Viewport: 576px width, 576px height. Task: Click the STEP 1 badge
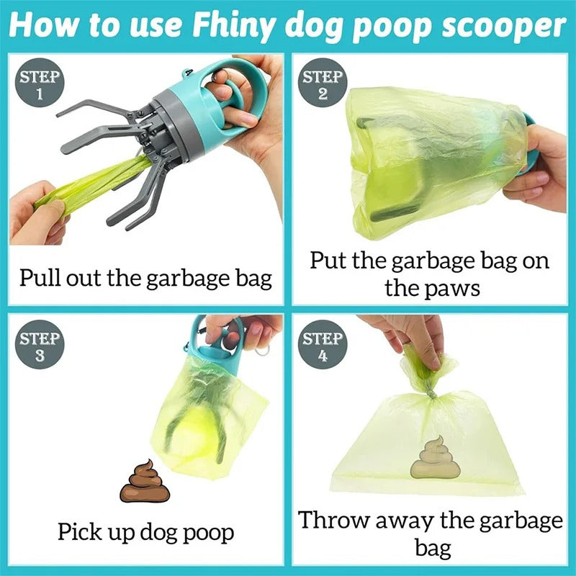coord(40,85)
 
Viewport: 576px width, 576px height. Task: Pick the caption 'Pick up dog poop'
coord(146,532)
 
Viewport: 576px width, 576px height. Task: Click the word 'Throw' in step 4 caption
coord(336,520)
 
